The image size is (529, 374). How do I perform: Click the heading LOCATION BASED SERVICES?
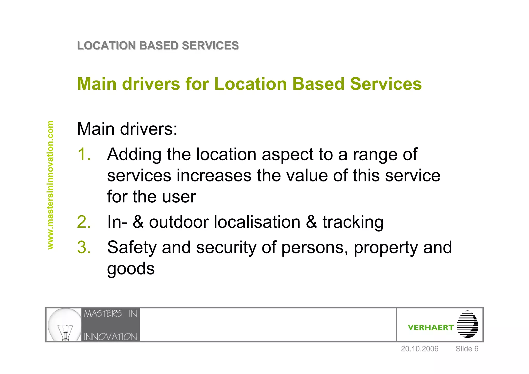tap(158, 46)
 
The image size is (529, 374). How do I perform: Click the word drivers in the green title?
tap(151, 84)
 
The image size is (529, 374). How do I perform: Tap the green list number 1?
tap(84, 154)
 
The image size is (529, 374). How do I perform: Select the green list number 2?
tap(84, 222)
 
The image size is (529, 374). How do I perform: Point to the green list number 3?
tap(84, 247)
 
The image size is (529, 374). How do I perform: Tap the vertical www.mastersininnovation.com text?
tap(50, 185)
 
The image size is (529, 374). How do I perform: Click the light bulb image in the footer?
tap(64, 325)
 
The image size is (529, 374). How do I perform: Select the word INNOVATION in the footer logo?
tap(111, 337)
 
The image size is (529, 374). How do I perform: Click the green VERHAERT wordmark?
tap(431, 328)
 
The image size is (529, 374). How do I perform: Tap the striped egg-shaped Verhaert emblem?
tap(467, 324)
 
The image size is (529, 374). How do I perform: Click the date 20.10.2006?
tap(419, 349)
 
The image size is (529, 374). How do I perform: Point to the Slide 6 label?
tap(467, 349)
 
